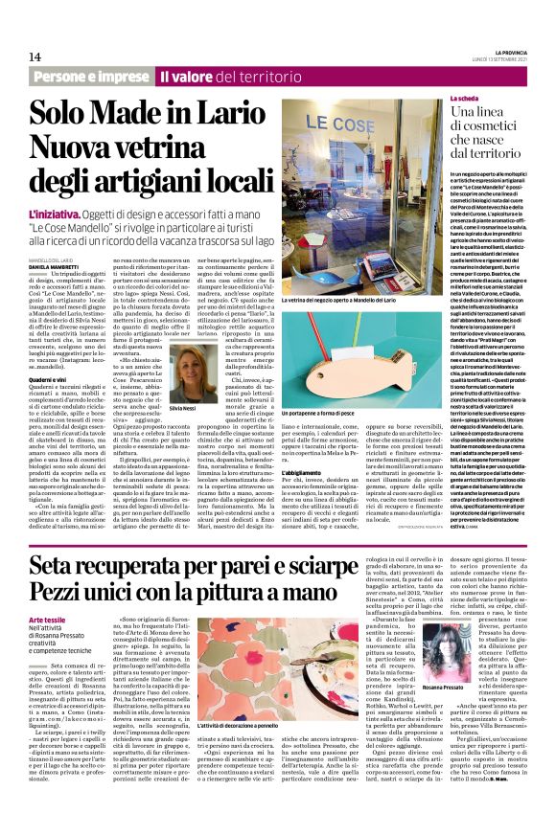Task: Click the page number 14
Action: coord(34,56)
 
